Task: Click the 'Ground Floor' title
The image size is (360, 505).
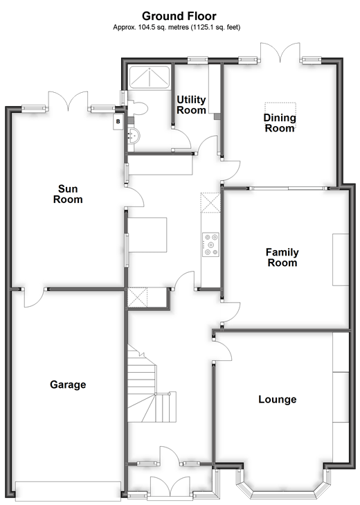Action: coord(179,15)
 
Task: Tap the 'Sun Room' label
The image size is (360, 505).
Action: coord(70,194)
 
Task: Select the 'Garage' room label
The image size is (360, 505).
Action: coord(68,384)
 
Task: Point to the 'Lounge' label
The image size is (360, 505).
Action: coord(277,399)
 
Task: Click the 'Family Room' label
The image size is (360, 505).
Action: coord(282,258)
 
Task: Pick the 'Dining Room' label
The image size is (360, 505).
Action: coord(280,123)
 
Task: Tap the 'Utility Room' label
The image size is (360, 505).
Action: coord(192,105)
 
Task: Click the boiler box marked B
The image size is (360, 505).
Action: coord(118,121)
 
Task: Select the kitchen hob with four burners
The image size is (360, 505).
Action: coord(209,244)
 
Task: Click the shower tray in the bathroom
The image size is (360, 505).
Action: coord(150,78)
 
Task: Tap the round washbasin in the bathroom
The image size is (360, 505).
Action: coord(133,136)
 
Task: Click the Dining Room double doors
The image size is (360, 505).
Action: coord(281,54)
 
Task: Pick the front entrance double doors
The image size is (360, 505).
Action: coord(170,488)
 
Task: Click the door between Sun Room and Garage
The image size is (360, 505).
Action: coord(33,296)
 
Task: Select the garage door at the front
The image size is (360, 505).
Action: coord(67,490)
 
